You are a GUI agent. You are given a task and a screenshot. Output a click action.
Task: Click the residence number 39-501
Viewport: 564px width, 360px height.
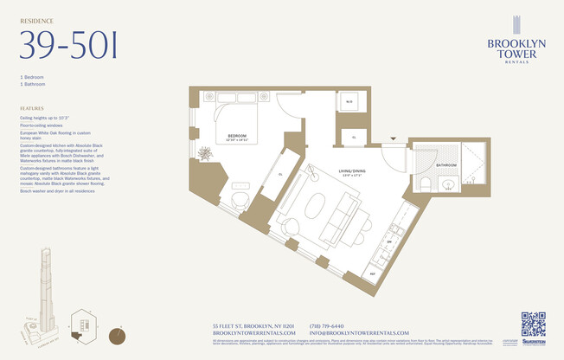pyautogui.click(x=68, y=45)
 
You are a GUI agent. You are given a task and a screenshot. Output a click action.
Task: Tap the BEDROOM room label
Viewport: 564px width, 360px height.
pyautogui.click(x=237, y=136)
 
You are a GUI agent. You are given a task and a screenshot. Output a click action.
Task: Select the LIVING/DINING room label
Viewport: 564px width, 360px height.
pyautogui.click(x=351, y=172)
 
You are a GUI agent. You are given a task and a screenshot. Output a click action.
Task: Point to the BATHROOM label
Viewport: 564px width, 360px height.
pyautogui.click(x=446, y=164)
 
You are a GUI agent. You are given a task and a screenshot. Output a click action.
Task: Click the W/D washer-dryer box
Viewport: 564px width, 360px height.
pyautogui.click(x=349, y=103)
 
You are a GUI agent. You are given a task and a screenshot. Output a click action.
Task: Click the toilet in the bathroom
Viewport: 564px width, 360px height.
pyautogui.click(x=426, y=184)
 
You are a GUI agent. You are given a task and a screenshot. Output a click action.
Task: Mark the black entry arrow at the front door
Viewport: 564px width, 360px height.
pyautogui.click(x=393, y=138)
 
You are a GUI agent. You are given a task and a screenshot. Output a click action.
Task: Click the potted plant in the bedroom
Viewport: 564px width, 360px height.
pyautogui.click(x=205, y=154)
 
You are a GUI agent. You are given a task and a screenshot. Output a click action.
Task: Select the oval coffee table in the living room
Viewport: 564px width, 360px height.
pyautogui.click(x=313, y=209)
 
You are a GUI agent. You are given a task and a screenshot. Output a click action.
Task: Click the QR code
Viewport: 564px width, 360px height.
pyautogui.click(x=533, y=324)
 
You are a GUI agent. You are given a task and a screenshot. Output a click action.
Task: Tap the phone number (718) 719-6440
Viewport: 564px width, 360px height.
pyautogui.click(x=327, y=325)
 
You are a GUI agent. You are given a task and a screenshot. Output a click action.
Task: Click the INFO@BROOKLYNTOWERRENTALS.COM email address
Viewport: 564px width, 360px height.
pyautogui.click(x=358, y=332)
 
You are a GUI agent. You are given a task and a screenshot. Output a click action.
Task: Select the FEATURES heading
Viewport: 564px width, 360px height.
pyautogui.click(x=32, y=109)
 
